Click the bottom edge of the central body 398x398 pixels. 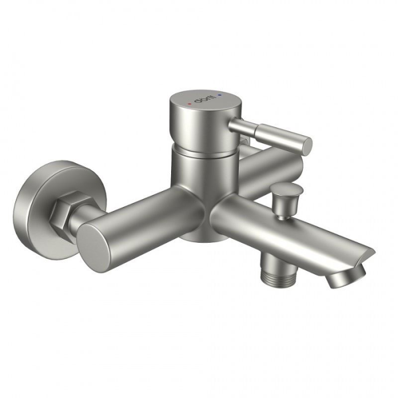click(199, 239)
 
